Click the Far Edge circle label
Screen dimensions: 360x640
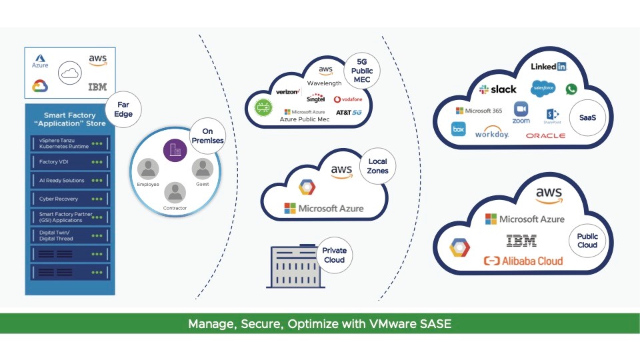click(123, 109)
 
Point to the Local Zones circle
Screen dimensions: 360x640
click(377, 166)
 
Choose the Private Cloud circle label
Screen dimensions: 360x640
click(334, 255)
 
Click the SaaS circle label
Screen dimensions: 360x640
click(587, 118)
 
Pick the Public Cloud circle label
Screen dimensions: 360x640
click(587, 240)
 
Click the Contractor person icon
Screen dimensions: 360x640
click(175, 193)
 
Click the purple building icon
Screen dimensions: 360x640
click(175, 149)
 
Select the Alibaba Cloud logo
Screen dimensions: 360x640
click(523, 261)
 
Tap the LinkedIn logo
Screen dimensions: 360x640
click(549, 67)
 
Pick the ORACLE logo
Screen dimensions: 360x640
click(545, 135)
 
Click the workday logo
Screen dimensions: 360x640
click(492, 134)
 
